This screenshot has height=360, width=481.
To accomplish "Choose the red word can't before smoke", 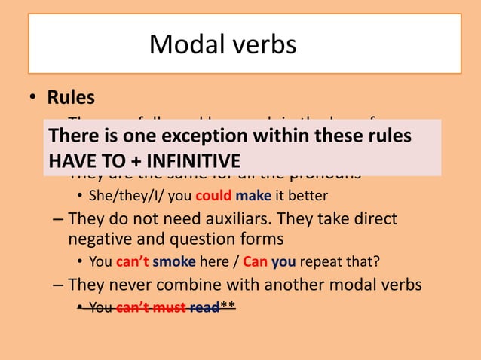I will [x=131, y=263].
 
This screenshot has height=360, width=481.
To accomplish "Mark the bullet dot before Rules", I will [x=33, y=99].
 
